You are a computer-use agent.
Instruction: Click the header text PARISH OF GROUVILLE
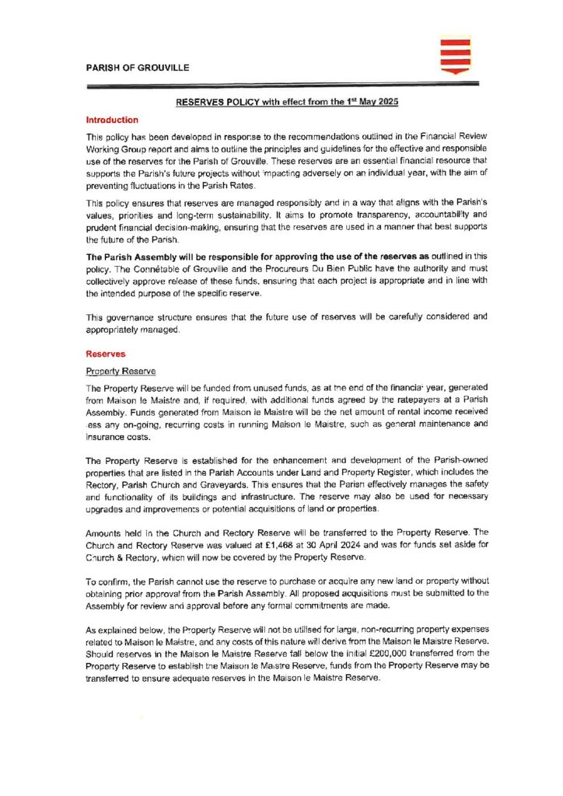pyautogui.click(x=137, y=68)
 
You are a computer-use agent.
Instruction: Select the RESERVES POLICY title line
pyautogui.click(x=281, y=103)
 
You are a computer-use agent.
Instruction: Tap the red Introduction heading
pyautogui.click(x=112, y=120)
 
